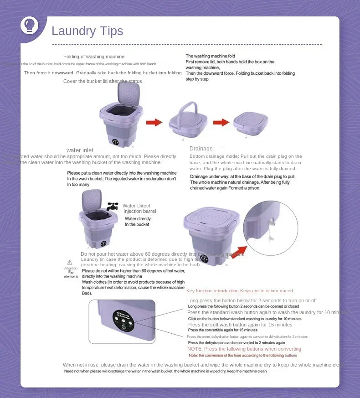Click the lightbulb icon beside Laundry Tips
[30, 26]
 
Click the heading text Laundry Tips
[87, 31]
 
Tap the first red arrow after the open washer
[154, 122]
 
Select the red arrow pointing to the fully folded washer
[221, 122]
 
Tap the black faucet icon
[112, 207]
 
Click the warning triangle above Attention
[70, 262]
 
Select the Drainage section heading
[201, 149]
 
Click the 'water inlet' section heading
[80, 150]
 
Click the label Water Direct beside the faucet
[136, 206]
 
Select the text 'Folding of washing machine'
[93, 57]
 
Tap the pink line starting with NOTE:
[244, 349]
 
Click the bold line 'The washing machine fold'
[210, 56]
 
